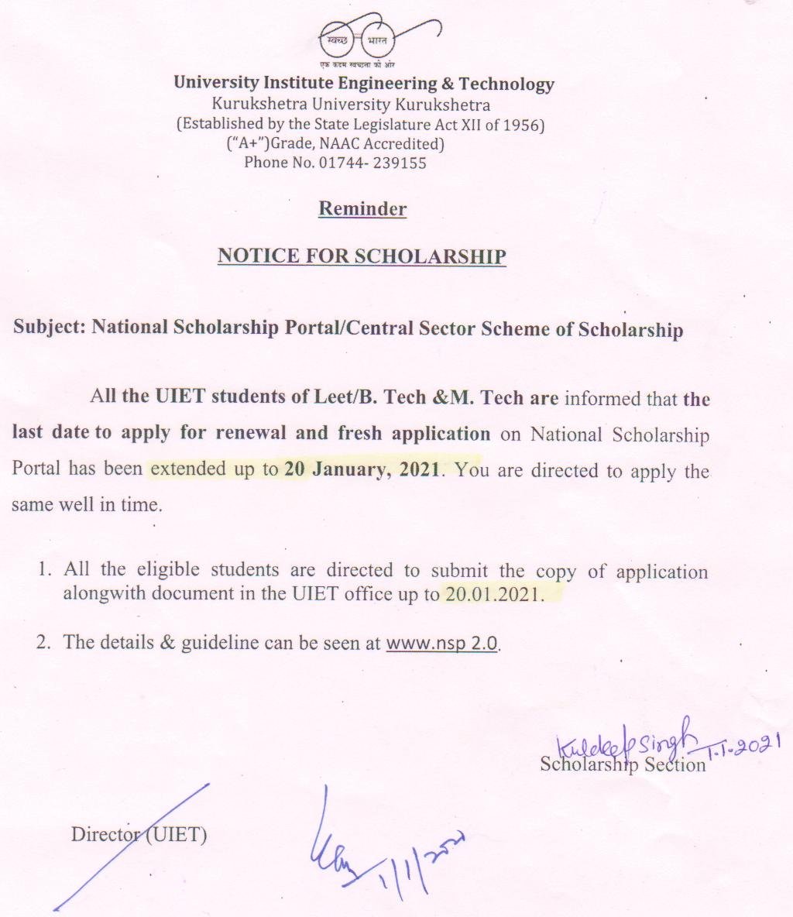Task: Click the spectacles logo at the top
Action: (x=362, y=37)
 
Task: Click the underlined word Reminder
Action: (x=362, y=209)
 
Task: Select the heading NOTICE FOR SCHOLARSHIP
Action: (x=362, y=256)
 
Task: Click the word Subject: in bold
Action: (x=49, y=327)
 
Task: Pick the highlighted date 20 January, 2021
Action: (x=362, y=469)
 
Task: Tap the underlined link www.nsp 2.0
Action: (x=442, y=643)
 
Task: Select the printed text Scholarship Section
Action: (x=623, y=765)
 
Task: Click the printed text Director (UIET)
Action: (x=139, y=835)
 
